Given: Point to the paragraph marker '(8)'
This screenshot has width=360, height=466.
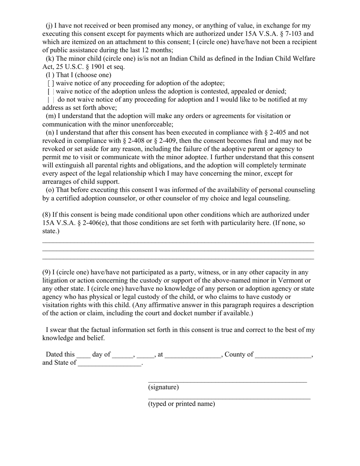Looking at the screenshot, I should point(46,215).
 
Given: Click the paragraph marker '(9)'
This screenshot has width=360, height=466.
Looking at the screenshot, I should point(46,272).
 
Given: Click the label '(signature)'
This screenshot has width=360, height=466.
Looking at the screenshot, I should point(163,387).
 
